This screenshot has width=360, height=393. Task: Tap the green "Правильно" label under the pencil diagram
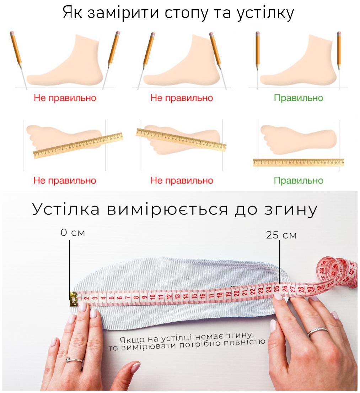(x=298, y=98)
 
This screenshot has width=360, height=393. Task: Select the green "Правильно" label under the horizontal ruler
(x=298, y=180)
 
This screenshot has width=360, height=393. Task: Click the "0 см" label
(x=73, y=233)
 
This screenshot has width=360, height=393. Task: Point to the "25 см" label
(x=281, y=235)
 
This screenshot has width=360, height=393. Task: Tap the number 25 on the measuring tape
(x=276, y=289)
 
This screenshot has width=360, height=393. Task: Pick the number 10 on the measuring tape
(x=152, y=297)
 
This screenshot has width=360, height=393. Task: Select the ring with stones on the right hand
(x=318, y=331)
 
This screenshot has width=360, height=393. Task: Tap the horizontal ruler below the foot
(x=299, y=162)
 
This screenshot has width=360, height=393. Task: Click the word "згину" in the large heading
(x=291, y=209)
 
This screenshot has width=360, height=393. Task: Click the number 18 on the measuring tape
(x=219, y=295)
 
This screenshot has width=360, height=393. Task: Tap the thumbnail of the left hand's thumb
(x=135, y=367)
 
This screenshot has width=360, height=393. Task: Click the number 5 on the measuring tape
(x=111, y=298)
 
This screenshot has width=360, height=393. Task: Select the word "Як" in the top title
(x=72, y=12)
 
